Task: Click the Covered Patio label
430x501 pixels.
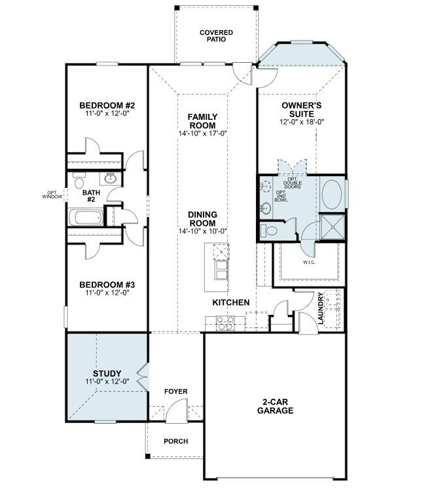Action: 216,36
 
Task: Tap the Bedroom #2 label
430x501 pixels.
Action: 107,105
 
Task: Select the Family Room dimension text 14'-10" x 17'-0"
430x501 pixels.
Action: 202,133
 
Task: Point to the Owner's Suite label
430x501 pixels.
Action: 301,109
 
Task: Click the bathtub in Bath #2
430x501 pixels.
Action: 86,217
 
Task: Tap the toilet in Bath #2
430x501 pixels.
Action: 79,181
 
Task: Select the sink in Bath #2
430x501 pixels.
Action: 111,178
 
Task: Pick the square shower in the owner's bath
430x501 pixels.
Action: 332,227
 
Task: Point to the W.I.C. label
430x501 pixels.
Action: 309,263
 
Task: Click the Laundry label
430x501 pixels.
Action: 321,308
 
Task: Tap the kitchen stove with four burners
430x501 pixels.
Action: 225,323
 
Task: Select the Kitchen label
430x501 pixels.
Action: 231,303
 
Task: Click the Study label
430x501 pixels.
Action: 107,373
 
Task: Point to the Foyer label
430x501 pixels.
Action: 175,392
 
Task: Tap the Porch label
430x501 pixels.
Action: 175,441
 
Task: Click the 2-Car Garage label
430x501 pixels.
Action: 275,406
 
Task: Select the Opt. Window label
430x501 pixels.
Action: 52,195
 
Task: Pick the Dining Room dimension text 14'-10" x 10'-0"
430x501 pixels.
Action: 202,231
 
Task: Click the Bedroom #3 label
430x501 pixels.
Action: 107,284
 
